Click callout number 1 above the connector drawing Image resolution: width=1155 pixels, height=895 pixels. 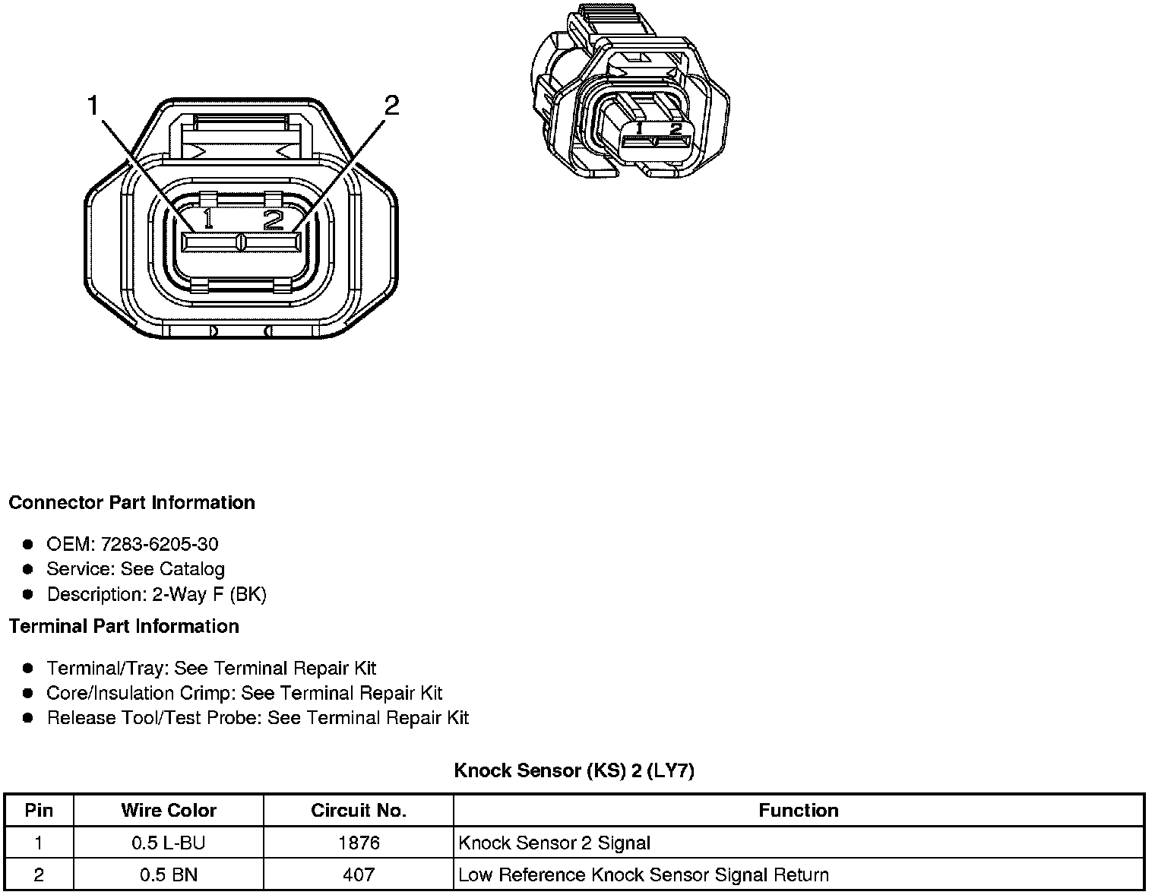pyautogui.click(x=93, y=105)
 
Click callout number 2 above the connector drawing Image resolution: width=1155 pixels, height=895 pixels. pyautogui.click(x=391, y=106)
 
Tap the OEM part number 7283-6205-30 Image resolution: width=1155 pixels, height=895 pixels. pyautogui.click(x=160, y=544)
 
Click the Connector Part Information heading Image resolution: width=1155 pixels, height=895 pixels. pyautogui.click(x=131, y=502)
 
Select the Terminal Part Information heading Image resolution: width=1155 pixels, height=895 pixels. pyautogui.click(x=124, y=626)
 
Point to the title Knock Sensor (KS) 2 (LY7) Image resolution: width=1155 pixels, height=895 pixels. pyautogui.click(x=574, y=770)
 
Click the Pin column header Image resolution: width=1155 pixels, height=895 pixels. pyautogui.click(x=39, y=810)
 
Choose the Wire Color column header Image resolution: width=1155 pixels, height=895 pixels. pyautogui.click(x=169, y=810)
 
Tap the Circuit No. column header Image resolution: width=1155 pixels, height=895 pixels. pyautogui.click(x=359, y=810)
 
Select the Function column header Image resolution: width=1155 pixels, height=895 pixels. pyautogui.click(x=799, y=810)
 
